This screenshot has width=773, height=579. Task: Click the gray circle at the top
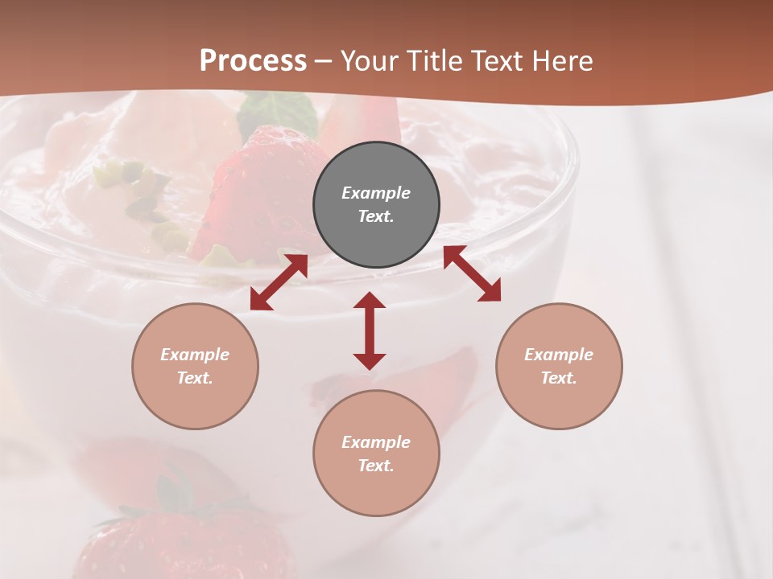click(376, 205)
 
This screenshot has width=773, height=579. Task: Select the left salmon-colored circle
click(195, 366)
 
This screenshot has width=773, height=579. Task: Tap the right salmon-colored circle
click(559, 366)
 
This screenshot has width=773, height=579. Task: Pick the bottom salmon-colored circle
click(376, 454)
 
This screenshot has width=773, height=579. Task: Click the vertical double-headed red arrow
click(370, 331)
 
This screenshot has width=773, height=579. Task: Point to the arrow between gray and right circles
click(473, 273)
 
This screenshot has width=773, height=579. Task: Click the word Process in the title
click(253, 61)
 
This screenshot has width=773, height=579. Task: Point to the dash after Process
click(324, 62)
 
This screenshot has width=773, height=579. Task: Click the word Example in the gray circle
click(376, 193)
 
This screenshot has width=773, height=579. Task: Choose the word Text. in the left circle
click(195, 378)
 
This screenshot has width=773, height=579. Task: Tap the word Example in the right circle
click(559, 355)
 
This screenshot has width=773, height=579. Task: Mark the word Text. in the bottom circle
click(376, 466)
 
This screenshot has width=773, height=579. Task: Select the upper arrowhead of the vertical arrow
click(370, 301)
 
